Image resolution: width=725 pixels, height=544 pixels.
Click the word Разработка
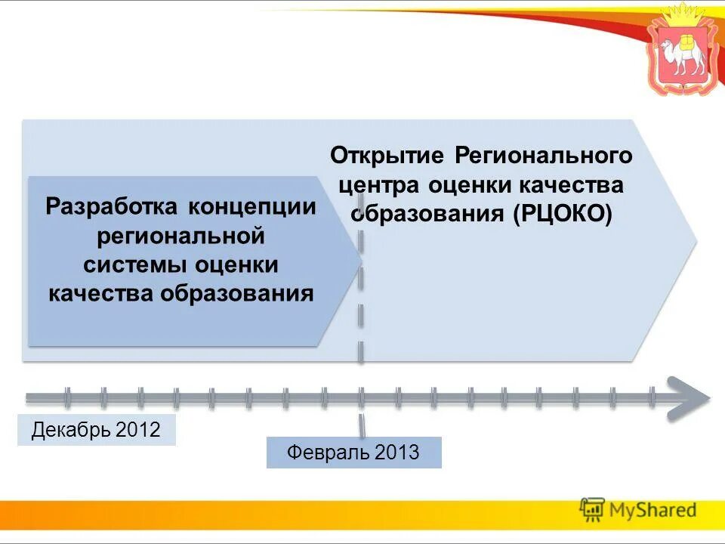[x=113, y=206]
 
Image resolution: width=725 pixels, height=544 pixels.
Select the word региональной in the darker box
[x=181, y=236]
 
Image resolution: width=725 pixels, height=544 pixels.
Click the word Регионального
[x=544, y=156]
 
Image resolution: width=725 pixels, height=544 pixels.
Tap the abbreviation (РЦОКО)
[x=563, y=214]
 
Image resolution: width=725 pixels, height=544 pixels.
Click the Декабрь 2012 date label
[x=96, y=430]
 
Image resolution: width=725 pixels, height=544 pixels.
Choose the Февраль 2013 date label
[x=353, y=453]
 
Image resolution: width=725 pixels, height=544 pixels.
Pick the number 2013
[x=396, y=453]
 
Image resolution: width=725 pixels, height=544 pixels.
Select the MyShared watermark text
[x=653, y=510]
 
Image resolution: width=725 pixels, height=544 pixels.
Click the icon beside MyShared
[x=592, y=510]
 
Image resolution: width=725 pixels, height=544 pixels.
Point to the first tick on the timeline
[x=67, y=397]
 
